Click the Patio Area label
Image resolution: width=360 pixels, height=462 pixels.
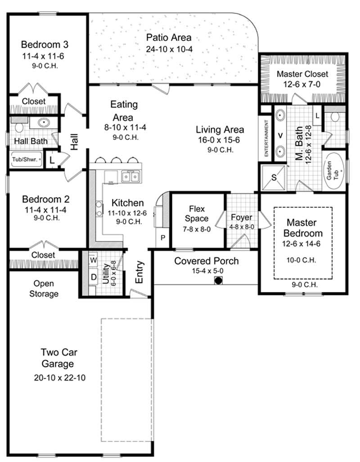pos(169,37)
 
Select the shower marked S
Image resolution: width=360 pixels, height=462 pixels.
pos(273,177)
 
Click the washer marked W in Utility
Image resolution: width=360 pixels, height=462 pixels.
pos(94,260)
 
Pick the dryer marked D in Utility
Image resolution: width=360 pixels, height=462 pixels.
pos(94,277)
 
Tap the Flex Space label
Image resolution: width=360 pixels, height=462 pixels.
pos(198,214)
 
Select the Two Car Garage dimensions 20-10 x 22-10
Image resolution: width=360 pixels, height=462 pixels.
pos(59,378)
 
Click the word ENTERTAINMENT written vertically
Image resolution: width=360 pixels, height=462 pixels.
pos(266,138)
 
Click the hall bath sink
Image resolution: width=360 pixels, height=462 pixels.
pos(44,122)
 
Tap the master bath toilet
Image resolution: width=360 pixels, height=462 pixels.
pos(334,117)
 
